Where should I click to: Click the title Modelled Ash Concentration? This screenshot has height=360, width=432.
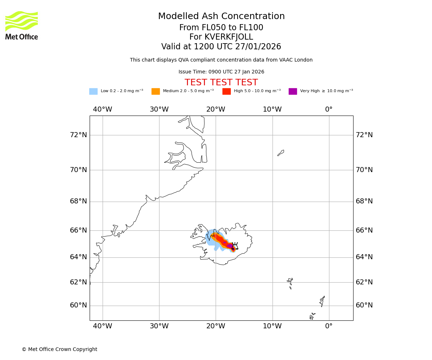[x=221, y=17]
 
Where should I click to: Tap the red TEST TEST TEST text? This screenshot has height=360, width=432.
[x=221, y=83]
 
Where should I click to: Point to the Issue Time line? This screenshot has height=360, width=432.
[x=221, y=72]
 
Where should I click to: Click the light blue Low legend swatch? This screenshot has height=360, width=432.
[x=93, y=91]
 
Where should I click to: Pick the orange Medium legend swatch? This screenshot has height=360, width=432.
[x=156, y=91]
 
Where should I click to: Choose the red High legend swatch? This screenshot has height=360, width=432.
[x=226, y=91]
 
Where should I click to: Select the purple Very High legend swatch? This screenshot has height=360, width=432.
[x=293, y=91]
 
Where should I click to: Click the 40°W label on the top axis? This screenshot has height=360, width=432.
[x=103, y=109]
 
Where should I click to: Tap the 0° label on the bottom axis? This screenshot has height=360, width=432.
[x=329, y=326]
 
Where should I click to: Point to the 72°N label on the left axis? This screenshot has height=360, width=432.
[x=78, y=135]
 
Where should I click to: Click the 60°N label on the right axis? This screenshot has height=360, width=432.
[x=364, y=305]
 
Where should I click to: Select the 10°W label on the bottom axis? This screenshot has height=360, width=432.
[x=272, y=326]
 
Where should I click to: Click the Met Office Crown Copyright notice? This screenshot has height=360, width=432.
[x=59, y=350]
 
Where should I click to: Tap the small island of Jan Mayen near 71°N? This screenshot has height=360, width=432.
[x=281, y=153]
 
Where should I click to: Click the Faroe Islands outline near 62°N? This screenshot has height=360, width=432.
[x=290, y=283]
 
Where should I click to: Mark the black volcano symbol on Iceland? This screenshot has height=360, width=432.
[x=235, y=246]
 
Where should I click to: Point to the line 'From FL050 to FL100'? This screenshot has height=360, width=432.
[x=221, y=28]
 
